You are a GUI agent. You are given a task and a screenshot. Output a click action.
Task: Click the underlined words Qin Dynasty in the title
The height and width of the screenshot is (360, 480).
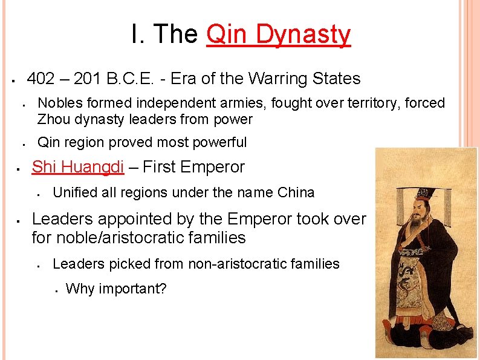point(278,34)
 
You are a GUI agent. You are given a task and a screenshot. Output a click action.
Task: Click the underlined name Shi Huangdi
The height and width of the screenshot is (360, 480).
point(78,167)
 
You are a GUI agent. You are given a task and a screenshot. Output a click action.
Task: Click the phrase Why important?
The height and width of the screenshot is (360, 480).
point(115,289)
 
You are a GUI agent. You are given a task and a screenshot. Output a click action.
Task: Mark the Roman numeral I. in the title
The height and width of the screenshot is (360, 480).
point(136,34)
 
